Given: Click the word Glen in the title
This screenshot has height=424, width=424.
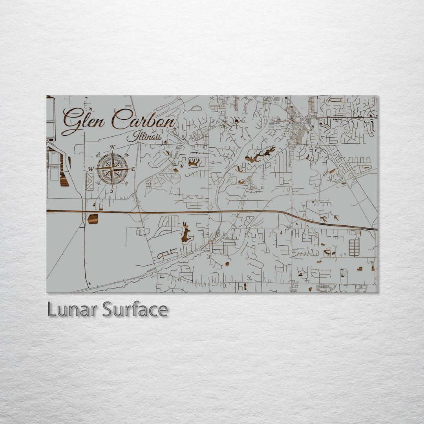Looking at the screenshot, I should [83, 120].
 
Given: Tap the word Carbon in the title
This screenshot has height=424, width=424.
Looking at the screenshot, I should [143, 119].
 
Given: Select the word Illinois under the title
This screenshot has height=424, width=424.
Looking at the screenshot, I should [144, 137].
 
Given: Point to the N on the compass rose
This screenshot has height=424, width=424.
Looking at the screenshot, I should [112, 147].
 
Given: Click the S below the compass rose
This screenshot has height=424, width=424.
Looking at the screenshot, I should [112, 191].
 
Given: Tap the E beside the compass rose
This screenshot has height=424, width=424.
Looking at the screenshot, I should [133, 169].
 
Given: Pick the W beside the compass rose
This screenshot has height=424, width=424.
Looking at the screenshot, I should [91, 169].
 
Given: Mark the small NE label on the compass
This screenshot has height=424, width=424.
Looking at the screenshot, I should [126, 155].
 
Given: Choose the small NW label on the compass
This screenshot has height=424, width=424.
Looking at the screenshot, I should [98, 154].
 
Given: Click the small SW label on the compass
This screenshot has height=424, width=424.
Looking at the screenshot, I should [98, 183].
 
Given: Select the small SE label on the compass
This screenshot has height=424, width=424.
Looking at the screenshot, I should [126, 183].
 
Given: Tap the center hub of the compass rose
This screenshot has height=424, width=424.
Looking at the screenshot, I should [112, 169].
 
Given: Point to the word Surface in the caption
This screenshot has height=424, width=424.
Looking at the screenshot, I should [135, 310].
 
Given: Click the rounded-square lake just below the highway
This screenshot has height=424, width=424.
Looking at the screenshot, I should [93, 219].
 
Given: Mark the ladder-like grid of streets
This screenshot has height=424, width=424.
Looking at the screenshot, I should [354, 247].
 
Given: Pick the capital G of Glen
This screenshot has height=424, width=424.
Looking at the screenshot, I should [71, 121].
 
